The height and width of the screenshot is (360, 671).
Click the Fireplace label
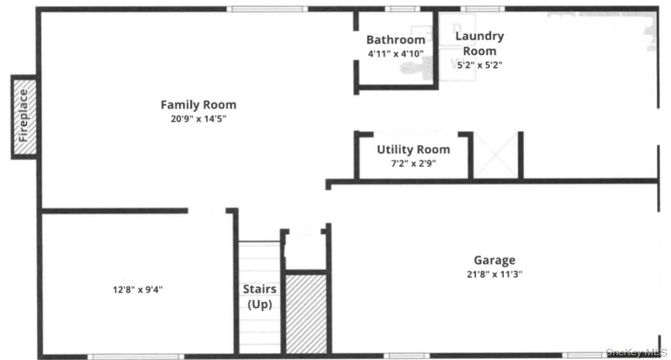pyautogui.click(x=24, y=116)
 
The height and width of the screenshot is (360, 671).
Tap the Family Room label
pyautogui.click(x=198, y=105)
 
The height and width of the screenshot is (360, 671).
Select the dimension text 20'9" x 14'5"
pyautogui.click(x=198, y=118)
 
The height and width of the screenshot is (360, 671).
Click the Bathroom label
pyautogui.click(x=395, y=40)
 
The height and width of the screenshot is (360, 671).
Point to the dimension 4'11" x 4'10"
pyautogui.click(x=395, y=54)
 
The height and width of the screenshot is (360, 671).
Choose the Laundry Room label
pyautogui.click(x=480, y=43)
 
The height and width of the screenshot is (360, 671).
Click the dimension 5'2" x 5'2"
pyautogui.click(x=480, y=65)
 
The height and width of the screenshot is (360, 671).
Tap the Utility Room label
pyautogui.click(x=413, y=150)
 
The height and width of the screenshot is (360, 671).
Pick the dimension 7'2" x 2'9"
pyautogui.click(x=413, y=164)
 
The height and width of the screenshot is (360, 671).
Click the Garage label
pyautogui.click(x=495, y=260)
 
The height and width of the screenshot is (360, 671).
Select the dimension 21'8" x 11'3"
pyautogui.click(x=495, y=274)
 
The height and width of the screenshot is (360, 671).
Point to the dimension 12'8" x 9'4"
pyautogui.click(x=137, y=289)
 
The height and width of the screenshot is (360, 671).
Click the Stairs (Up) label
pyautogui.click(x=260, y=297)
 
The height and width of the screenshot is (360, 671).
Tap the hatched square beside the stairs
pyautogui.click(x=306, y=313)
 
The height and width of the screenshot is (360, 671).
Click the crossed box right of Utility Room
pyautogui.click(x=496, y=155)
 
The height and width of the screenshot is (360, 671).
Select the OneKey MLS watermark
pyautogui.click(x=636, y=352)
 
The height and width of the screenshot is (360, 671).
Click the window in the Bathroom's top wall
pyautogui.click(x=398, y=9)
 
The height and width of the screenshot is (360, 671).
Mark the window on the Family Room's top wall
pyautogui.click(x=267, y=9)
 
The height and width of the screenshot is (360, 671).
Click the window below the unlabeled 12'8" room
pyautogui.click(x=136, y=357)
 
